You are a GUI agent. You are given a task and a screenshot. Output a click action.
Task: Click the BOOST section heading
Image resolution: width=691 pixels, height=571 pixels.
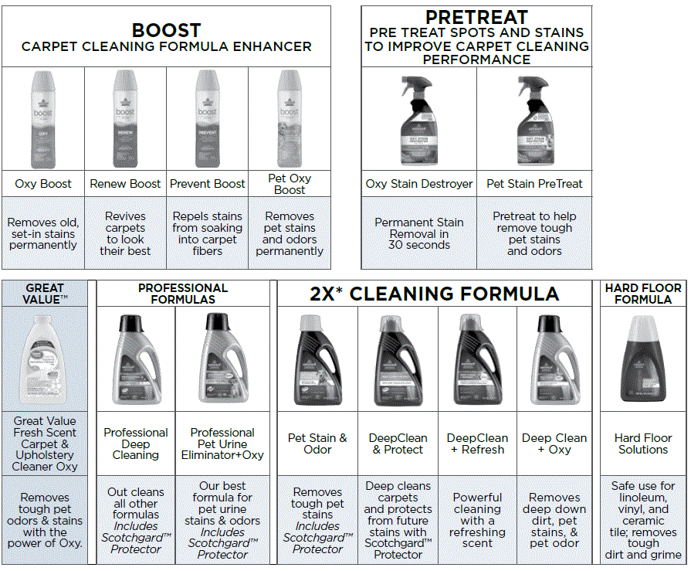click(x=166, y=31)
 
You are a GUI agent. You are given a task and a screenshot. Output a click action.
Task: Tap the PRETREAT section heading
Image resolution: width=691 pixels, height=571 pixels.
click(x=476, y=17)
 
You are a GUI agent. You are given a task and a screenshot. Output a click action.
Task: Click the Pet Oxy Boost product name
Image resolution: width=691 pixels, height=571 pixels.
click(x=290, y=184)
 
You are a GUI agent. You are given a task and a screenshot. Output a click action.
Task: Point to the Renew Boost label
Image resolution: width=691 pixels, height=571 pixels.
click(x=125, y=184)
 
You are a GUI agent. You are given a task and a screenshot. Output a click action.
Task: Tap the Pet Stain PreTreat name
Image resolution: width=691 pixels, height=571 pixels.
click(x=534, y=184)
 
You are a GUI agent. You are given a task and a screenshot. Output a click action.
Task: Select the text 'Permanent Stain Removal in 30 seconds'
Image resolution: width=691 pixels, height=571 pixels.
click(x=418, y=233)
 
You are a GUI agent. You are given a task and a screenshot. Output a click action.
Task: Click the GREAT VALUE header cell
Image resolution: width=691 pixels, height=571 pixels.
click(x=45, y=294)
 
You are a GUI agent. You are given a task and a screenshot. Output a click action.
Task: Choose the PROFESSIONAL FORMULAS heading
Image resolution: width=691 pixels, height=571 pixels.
click(x=183, y=294)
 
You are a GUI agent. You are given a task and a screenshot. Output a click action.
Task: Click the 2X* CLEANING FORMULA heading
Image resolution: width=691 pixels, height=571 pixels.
click(x=435, y=294)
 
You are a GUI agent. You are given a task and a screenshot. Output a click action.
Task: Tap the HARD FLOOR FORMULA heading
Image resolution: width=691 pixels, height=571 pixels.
click(x=643, y=294)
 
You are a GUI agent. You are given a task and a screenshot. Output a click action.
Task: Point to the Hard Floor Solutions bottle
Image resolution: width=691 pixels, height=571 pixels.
click(x=642, y=359)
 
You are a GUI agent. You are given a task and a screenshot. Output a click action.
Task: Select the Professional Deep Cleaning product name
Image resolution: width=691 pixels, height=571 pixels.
click(x=136, y=444)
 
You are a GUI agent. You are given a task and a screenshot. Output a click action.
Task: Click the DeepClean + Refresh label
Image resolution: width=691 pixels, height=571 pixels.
click(x=477, y=444)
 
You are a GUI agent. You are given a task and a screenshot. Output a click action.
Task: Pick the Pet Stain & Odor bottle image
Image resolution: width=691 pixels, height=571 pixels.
click(x=317, y=359)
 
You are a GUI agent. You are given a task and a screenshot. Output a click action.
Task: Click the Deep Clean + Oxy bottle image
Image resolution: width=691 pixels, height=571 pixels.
click(x=556, y=359)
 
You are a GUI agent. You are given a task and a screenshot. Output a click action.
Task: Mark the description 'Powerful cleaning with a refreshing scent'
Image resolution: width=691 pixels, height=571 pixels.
click(x=477, y=520)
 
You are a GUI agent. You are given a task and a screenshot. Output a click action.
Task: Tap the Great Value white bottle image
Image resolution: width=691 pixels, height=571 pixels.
click(x=45, y=359)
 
